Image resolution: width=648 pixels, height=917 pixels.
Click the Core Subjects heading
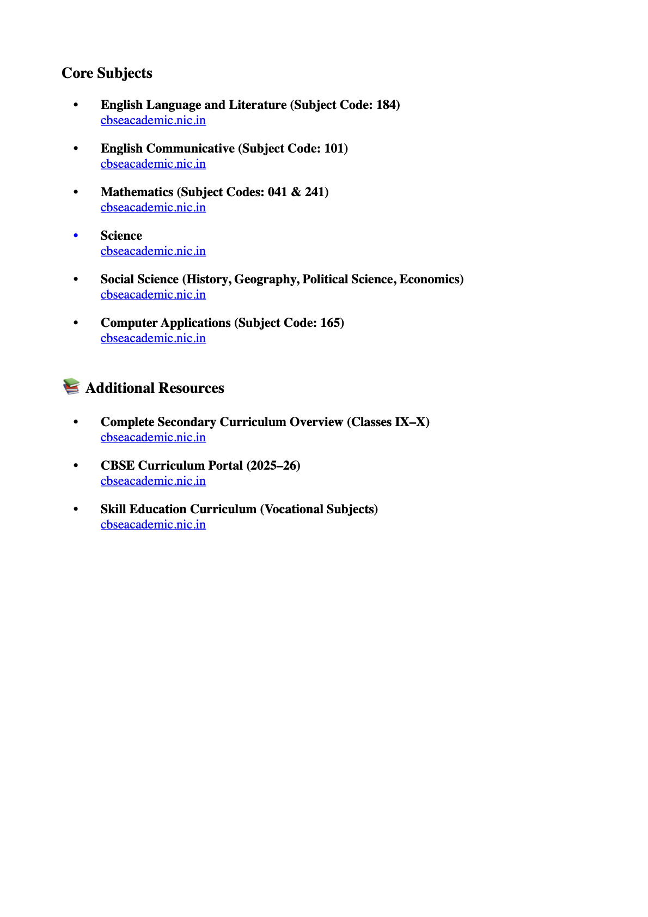coord(107,73)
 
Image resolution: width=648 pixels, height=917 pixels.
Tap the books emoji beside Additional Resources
coord(71,386)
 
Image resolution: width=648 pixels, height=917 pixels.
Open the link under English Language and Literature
coord(153,120)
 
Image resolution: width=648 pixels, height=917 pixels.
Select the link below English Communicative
coord(153,164)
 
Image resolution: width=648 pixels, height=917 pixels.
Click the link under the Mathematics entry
coord(153,208)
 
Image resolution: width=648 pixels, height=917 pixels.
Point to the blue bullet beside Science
coord(76,235)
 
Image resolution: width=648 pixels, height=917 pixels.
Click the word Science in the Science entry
coord(121,235)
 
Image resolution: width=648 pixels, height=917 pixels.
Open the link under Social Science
coord(153,295)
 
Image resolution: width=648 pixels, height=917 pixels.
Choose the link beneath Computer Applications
coord(153,338)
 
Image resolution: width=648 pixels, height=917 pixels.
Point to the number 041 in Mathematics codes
coord(277,192)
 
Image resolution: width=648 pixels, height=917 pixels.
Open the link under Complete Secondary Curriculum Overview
coord(153,438)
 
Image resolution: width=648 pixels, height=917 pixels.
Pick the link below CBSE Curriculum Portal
coord(153,481)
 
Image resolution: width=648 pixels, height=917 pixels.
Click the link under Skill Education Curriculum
coord(153,525)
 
